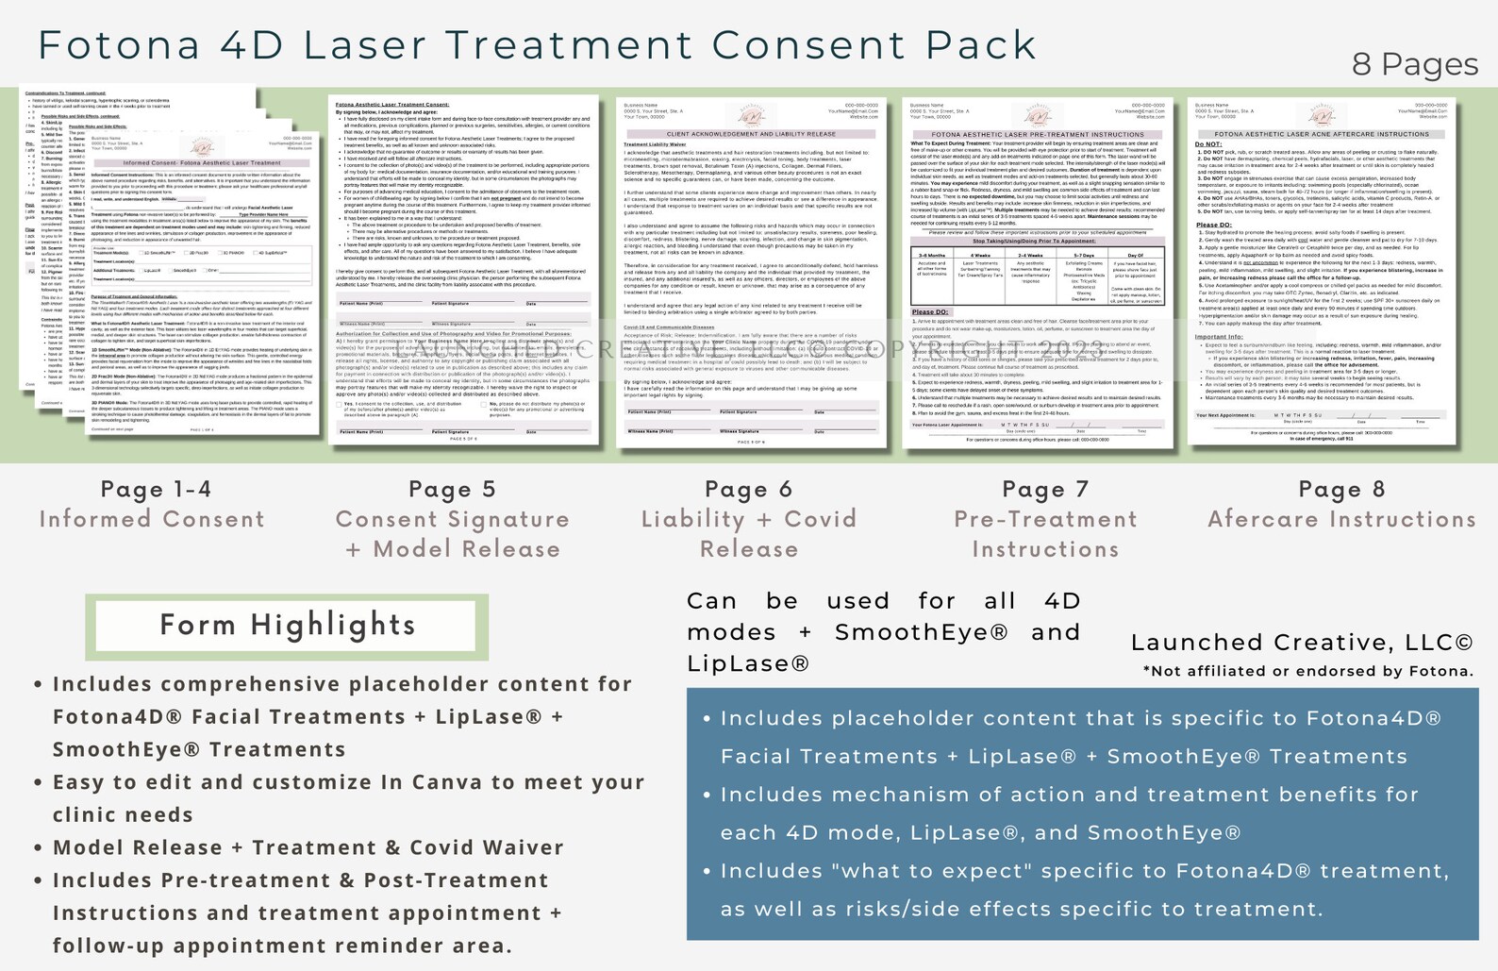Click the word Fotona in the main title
pos(119,45)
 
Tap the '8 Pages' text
pos(1414,64)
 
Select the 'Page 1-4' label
pos(156,489)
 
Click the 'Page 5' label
pos(452,489)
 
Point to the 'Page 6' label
pos(748,489)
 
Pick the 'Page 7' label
pos(1045,489)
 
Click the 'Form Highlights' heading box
pos(287,626)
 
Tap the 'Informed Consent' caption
pos(152,519)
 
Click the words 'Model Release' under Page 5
pos(466,549)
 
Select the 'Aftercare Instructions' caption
pos(1341,519)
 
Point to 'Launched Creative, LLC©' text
pos(1301,643)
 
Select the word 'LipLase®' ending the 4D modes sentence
pos(748,663)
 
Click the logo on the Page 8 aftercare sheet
pos(1321,116)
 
